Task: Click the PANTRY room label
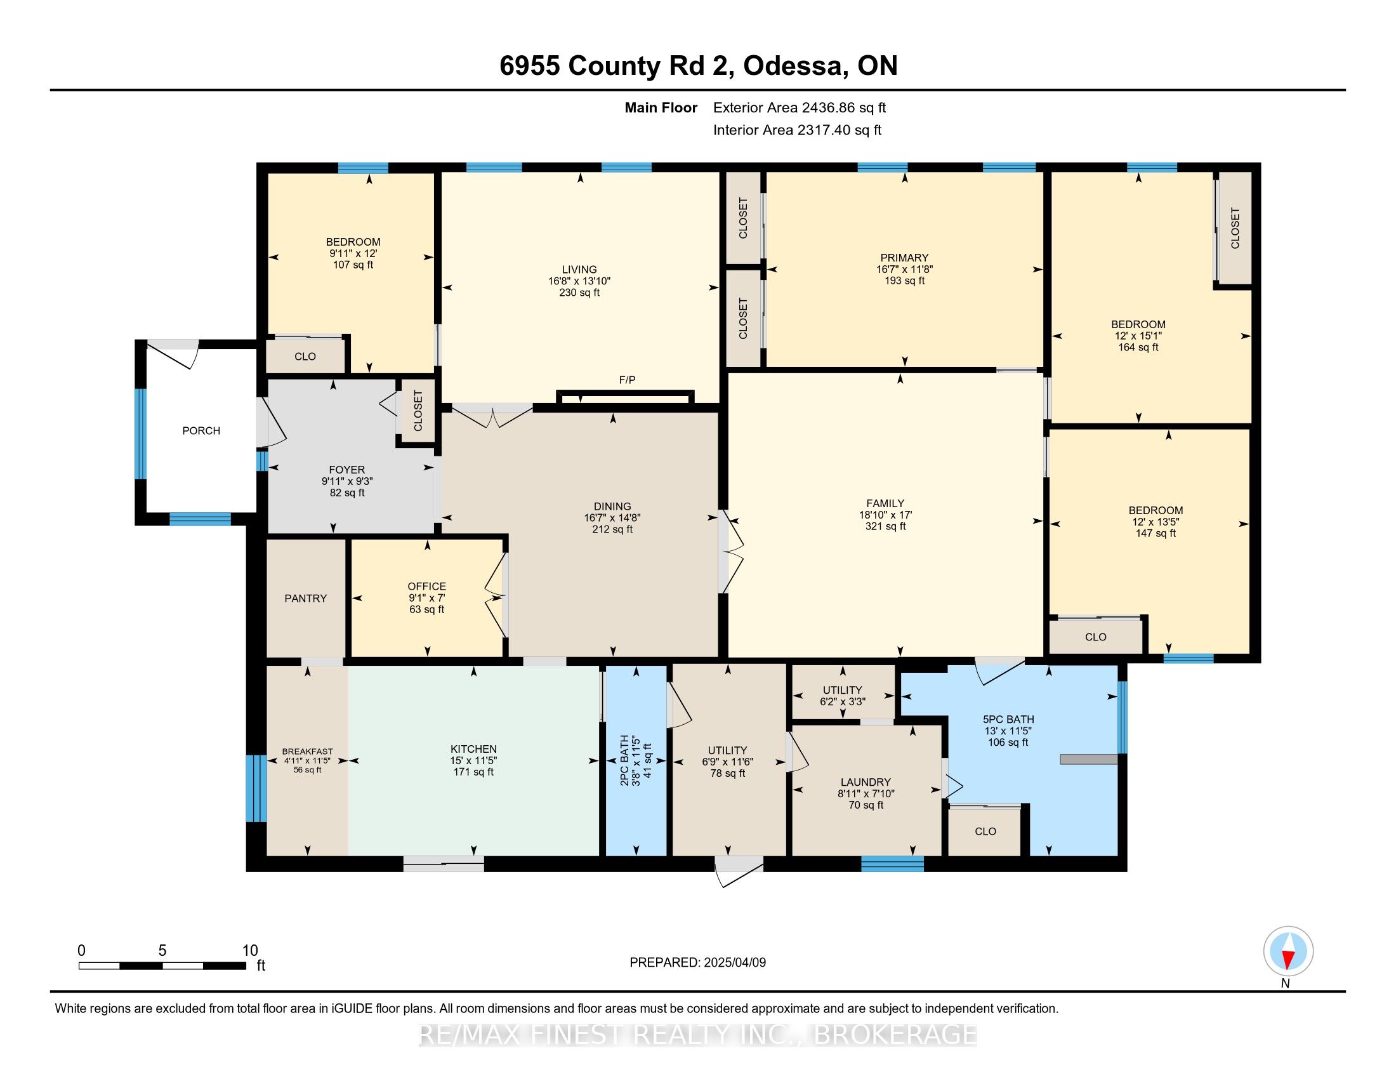306,599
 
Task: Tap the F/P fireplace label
627,380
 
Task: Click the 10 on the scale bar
250,951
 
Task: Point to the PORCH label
201,431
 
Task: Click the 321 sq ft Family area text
885,527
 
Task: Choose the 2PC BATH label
624,760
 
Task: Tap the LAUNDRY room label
866,783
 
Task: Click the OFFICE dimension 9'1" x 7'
426,599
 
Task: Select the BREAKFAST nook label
308,751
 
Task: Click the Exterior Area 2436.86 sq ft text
799,108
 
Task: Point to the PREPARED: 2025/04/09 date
697,963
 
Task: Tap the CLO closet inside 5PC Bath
985,831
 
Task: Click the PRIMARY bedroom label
903,258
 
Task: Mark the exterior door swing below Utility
737,871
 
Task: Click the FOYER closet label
418,411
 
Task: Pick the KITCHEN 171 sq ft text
473,772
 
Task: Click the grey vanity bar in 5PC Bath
1088,759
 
